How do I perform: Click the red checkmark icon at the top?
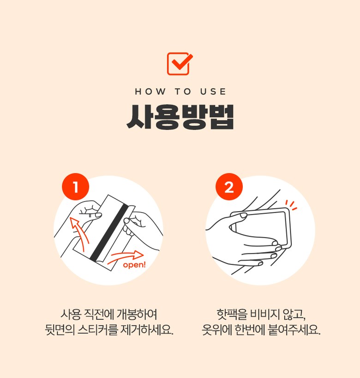pyautogui.click(x=180, y=64)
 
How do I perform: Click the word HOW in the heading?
pyautogui.click(x=150, y=91)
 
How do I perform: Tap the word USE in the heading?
pyautogui.click(x=213, y=91)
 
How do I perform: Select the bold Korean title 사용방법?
pyautogui.click(x=180, y=117)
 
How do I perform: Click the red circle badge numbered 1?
pyautogui.click(x=76, y=187)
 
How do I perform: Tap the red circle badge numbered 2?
pyautogui.click(x=229, y=187)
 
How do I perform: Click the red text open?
pyautogui.click(x=134, y=265)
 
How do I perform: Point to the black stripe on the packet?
pyautogui.click(x=109, y=233)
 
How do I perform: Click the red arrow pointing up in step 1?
pyautogui.click(x=78, y=232)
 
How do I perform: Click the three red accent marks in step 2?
pyautogui.click(x=291, y=205)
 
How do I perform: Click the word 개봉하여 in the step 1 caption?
pyautogui.click(x=137, y=314)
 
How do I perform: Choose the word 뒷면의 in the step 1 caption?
pyautogui.click(x=60, y=330)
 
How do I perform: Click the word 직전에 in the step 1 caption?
pyautogui.click(x=99, y=314)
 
